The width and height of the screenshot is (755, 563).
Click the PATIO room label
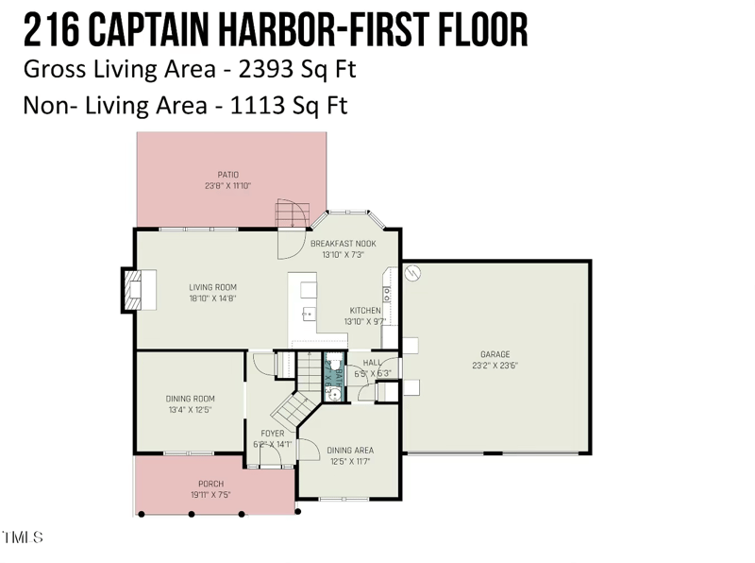[227, 175]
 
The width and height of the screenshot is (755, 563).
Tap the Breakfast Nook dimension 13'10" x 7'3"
[344, 254]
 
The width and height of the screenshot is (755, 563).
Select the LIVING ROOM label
[212, 287]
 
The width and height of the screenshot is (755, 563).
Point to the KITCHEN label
[365, 311]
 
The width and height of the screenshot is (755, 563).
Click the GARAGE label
[495, 354]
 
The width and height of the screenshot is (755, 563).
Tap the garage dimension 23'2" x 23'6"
[495, 366]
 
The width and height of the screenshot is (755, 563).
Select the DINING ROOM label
[190, 399]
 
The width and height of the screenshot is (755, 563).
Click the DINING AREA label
[350, 451]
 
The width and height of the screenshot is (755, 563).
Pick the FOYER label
[273, 434]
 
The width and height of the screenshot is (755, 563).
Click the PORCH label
[210, 484]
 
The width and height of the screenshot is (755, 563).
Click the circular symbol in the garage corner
[412, 273]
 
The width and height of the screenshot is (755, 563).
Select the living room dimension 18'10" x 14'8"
[212, 299]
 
